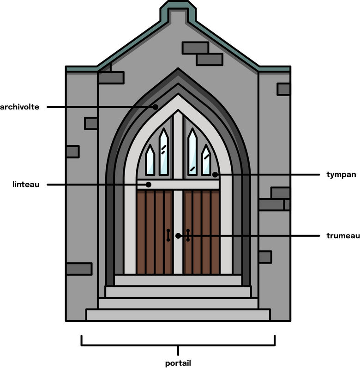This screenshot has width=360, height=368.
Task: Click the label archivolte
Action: [x=20, y=107]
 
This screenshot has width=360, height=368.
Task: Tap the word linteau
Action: [x=26, y=185]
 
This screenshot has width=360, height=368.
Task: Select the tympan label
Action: [x=341, y=175]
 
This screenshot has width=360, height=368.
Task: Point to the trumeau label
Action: [x=343, y=235]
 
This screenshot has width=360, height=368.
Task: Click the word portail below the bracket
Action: [x=178, y=363]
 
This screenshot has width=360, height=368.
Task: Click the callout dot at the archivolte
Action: [x=155, y=107]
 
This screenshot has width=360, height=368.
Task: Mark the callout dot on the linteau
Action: [x=148, y=185]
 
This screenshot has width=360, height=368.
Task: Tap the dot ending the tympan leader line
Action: [x=215, y=175]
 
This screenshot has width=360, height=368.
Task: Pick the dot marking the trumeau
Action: [x=178, y=236]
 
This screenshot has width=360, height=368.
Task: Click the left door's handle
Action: [x=168, y=235]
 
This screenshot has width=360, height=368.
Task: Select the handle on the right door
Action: [x=188, y=235]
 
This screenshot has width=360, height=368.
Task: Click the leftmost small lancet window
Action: [x=150, y=160]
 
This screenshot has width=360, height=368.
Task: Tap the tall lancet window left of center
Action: [x=164, y=152]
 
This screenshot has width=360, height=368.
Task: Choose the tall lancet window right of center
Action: [x=192, y=152]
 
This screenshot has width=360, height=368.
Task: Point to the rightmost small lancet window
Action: [x=206, y=160]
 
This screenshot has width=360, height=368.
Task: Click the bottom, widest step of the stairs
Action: [x=178, y=315]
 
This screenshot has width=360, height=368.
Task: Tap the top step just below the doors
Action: [x=178, y=280]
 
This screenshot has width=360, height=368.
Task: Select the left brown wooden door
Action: [x=155, y=232]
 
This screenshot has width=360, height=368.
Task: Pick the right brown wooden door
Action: [x=201, y=232]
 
